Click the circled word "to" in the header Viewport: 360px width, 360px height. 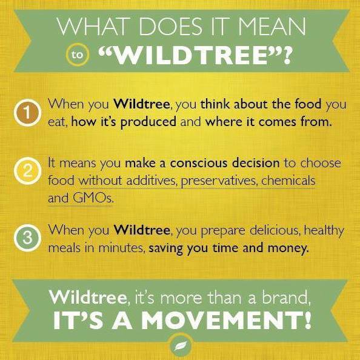click(77, 55)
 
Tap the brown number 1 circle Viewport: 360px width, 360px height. click(27, 113)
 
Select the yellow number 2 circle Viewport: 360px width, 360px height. click(27, 171)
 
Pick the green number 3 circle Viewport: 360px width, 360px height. click(27, 238)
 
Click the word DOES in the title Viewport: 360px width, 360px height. click(170, 27)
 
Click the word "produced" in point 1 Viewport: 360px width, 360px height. click(148, 122)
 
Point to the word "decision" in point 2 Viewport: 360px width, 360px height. click(256, 163)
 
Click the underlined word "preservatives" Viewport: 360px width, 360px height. click(218, 181)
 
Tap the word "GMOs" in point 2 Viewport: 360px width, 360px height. click(93, 198)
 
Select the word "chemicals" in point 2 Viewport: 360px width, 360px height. click(288, 181)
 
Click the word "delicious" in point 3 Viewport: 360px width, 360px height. click(275, 230)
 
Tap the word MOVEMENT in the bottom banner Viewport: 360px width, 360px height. click(226, 320)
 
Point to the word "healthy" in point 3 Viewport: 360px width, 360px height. click(324, 231)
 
